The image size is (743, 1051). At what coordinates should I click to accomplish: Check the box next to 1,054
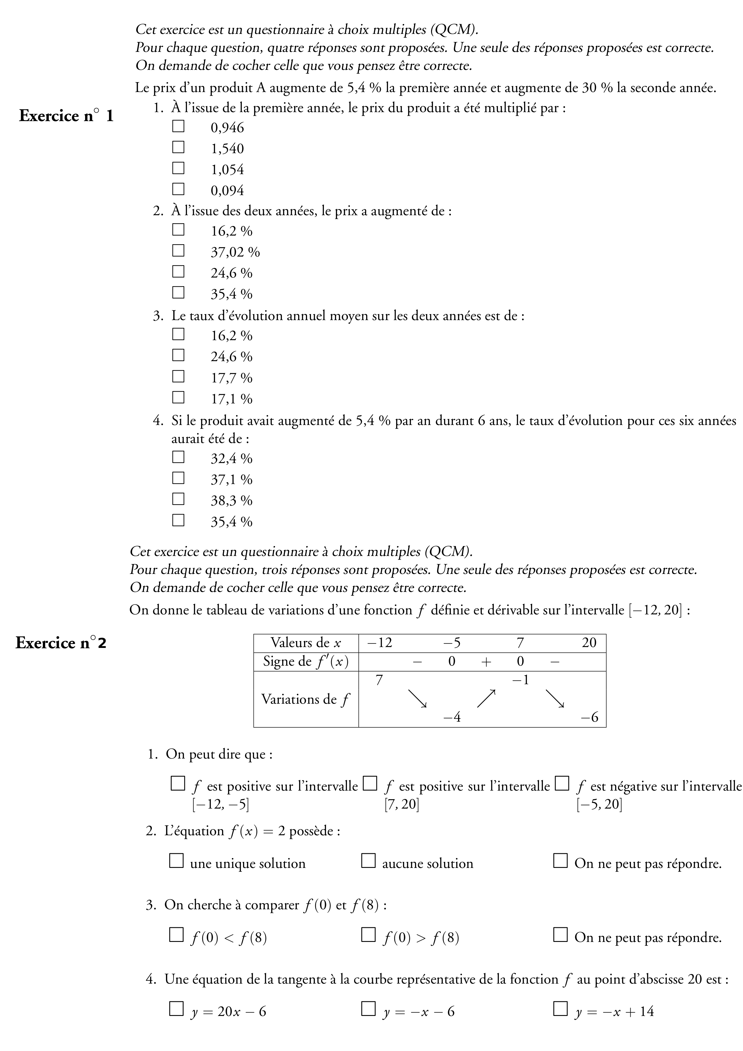click(178, 168)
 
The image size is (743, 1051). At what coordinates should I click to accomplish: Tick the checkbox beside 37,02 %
click(178, 251)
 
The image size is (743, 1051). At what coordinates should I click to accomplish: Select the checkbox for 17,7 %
click(178, 376)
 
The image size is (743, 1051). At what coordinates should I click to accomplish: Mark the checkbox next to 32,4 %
click(178, 457)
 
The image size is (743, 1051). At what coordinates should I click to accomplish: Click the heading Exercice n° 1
click(66, 116)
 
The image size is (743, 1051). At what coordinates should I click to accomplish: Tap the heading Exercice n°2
click(61, 643)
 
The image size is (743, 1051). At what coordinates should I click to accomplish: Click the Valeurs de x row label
click(306, 643)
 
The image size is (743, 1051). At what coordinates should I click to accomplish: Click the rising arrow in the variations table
click(486, 699)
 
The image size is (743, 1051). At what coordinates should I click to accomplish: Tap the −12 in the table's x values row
click(380, 643)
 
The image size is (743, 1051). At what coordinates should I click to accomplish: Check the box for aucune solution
click(368, 861)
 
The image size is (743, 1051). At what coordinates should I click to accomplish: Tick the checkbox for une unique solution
click(176, 861)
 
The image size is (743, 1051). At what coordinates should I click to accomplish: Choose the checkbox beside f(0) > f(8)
click(368, 935)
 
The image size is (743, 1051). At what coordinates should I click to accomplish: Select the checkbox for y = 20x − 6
click(176, 1008)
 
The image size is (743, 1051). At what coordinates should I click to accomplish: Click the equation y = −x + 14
click(614, 1011)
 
